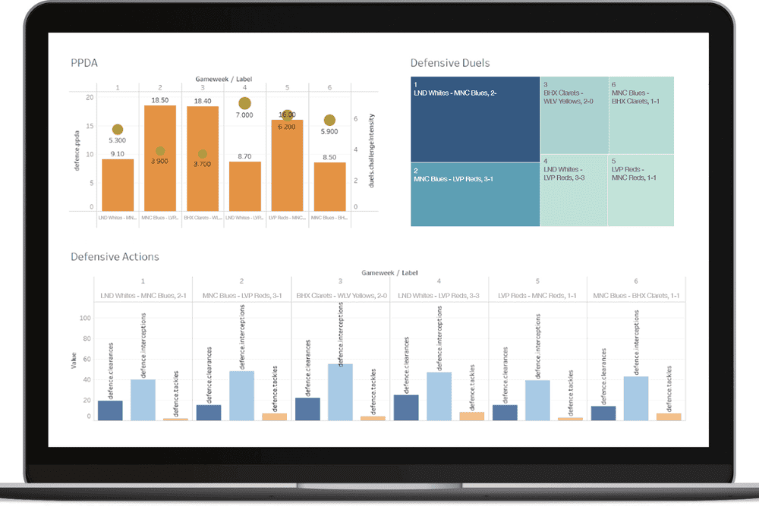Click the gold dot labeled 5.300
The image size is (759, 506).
pyautogui.click(x=118, y=130)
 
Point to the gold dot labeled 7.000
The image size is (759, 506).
pyautogui.click(x=244, y=103)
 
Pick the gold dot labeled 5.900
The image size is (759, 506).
pyautogui.click(x=329, y=120)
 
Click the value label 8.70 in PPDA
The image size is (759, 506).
pyautogui.click(x=244, y=156)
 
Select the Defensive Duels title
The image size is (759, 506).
pyautogui.click(x=450, y=63)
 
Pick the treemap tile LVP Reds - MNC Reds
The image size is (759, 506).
pyautogui.click(x=641, y=190)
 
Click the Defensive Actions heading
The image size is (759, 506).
pyautogui.click(x=115, y=256)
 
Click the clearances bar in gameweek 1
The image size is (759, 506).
pyautogui.click(x=111, y=410)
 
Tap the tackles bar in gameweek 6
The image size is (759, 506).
pyautogui.click(x=669, y=416)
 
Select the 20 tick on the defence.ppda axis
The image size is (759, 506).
pyautogui.click(x=90, y=97)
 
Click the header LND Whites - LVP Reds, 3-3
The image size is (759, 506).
pyautogui.click(x=439, y=295)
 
